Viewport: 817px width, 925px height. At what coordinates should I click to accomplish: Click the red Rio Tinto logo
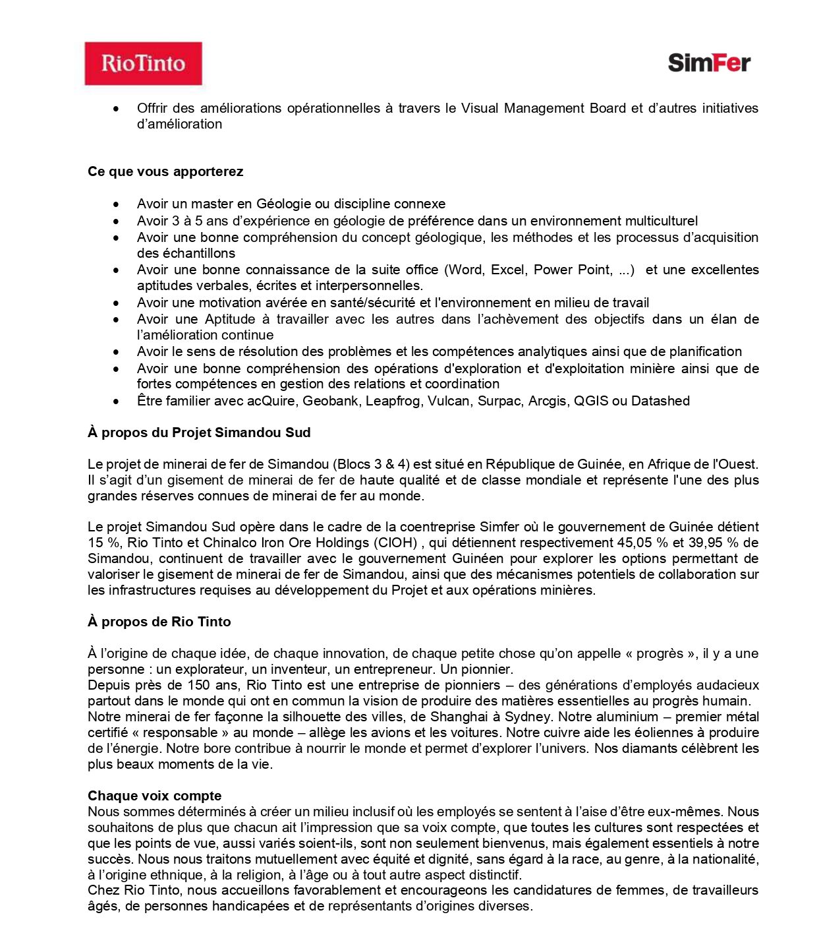pos(143,63)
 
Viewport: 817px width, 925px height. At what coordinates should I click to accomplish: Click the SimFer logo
pos(709,63)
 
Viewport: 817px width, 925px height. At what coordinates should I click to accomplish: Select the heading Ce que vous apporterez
pos(165,171)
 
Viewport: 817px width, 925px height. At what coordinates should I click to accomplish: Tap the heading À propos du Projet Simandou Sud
pos(199,433)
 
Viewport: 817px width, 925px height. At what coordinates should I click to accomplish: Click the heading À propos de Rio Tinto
pos(159,622)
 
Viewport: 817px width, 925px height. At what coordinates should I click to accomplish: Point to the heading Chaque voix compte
pos(155,796)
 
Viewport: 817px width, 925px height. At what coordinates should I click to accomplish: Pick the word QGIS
pos(591,401)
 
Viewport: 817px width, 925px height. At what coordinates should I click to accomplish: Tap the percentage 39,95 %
pos(714,543)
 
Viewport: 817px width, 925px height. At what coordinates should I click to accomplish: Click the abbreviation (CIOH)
pos(395,543)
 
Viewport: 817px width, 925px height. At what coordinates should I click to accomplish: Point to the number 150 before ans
pos(198,685)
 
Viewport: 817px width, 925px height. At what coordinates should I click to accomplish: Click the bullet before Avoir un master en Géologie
pos(117,204)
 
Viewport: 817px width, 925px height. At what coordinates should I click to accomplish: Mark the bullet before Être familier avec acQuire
pos(117,402)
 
